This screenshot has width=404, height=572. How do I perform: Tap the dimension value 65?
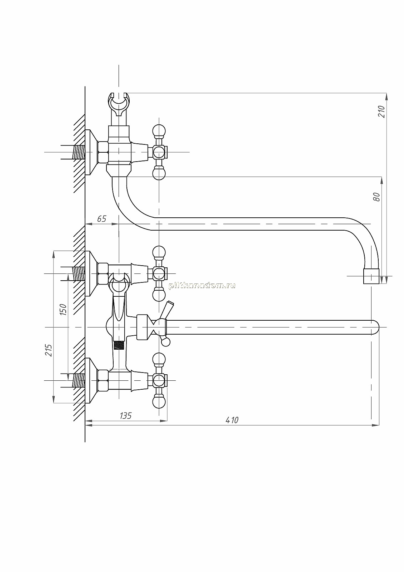101,219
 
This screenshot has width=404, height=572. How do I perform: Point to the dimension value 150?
63,310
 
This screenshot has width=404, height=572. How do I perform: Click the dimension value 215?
48,350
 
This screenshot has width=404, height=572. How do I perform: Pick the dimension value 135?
125,416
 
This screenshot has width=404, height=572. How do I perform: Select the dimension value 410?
232,420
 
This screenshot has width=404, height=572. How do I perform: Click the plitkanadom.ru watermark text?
202,286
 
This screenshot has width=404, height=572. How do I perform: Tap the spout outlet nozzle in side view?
371,276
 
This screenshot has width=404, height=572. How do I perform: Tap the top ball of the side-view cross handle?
159,131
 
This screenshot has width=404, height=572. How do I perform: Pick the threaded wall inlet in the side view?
79,152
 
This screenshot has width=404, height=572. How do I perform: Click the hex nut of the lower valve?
103,380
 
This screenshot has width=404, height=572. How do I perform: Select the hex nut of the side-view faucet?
103,152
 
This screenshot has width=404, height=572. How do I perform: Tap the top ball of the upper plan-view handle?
159,252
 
